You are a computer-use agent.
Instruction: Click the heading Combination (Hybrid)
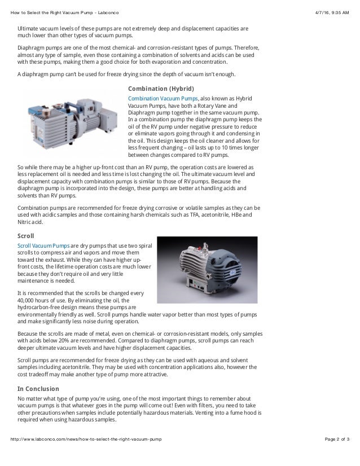pos(161,89)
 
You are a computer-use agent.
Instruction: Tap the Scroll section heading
pos(26,235)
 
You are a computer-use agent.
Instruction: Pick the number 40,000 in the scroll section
pos(28,301)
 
